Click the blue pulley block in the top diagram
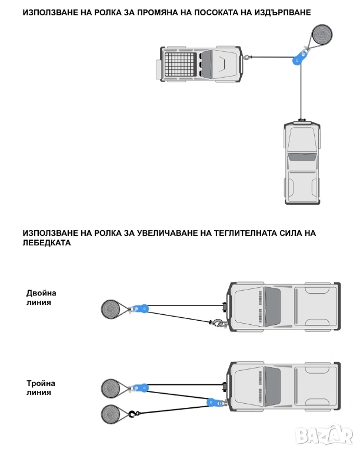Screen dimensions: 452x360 pyautogui.click(x=302, y=56)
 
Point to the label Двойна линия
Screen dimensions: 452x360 pyautogui.click(x=41, y=297)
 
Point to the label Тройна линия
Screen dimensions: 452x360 pyautogui.click(x=41, y=387)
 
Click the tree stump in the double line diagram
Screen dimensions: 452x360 pyautogui.click(x=111, y=309)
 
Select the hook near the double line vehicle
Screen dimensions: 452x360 pyautogui.click(x=216, y=323)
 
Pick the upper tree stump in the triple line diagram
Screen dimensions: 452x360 pyautogui.click(x=111, y=388)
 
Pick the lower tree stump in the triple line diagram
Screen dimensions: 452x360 pyautogui.click(x=111, y=414)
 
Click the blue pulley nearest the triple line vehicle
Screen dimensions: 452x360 pyautogui.click(x=214, y=403)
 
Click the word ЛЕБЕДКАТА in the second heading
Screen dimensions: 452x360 pyautogui.click(x=48, y=242)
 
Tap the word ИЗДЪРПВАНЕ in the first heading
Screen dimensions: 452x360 pyautogui.click(x=279, y=12)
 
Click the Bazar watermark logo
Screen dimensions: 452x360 pyautogui.click(x=326, y=436)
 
